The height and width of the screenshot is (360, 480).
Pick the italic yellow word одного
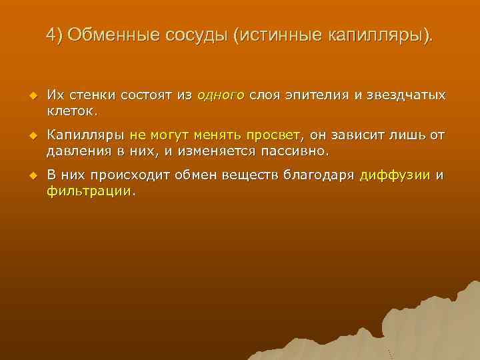tap(221, 95)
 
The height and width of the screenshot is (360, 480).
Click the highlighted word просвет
tap(259, 136)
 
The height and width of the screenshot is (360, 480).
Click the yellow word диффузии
tap(395, 176)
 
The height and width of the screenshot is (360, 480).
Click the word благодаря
tap(319, 176)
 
